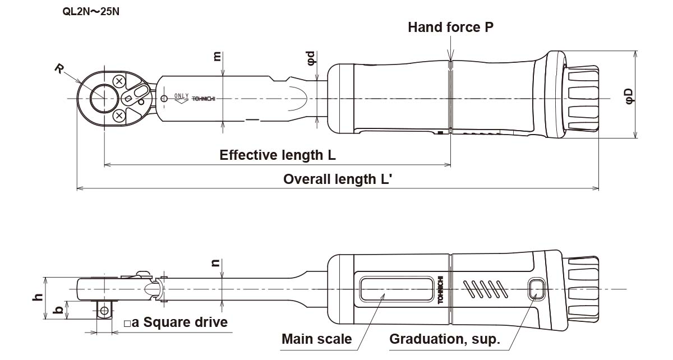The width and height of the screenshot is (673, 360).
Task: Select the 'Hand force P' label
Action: [450, 27]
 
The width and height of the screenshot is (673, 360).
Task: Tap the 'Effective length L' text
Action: [278, 155]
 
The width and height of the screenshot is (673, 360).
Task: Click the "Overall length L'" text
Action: [337, 179]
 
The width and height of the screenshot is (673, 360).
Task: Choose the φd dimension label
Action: [313, 58]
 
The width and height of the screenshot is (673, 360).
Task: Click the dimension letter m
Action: [218, 57]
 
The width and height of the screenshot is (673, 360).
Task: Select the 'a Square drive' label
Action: [176, 322]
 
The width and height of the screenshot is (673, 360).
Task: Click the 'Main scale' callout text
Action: [317, 339]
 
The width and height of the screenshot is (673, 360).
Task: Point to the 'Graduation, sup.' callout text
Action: [444, 339]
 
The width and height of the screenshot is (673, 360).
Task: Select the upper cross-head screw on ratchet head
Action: [119, 81]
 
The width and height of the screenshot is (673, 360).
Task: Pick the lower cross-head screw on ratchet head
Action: [119, 116]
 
